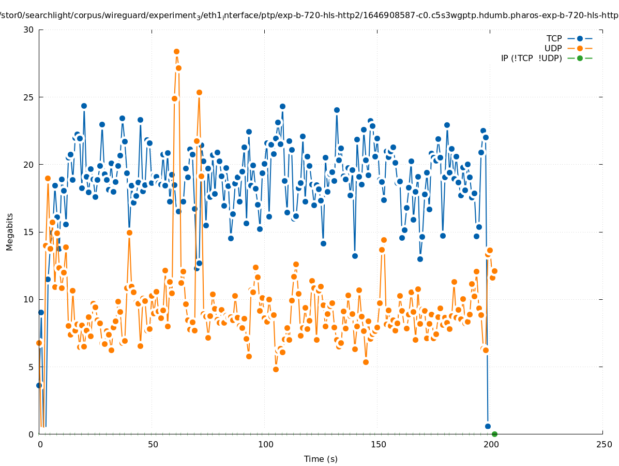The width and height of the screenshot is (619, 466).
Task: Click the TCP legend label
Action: (x=554, y=38)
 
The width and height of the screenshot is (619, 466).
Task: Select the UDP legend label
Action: (x=553, y=48)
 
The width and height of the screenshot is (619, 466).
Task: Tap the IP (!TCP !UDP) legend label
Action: (x=531, y=58)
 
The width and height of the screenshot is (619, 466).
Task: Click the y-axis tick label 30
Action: (x=28, y=30)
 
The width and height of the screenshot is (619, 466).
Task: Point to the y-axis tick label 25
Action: (x=28, y=97)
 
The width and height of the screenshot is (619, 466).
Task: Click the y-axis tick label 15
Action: (x=28, y=232)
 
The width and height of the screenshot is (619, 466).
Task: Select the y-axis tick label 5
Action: (x=31, y=367)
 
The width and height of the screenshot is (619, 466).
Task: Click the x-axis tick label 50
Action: (x=153, y=445)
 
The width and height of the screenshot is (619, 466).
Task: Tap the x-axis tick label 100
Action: (x=265, y=445)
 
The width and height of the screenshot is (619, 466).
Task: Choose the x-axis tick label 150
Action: (x=378, y=445)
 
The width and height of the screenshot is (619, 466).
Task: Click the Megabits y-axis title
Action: (x=10, y=231)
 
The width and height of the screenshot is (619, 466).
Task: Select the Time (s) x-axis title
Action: (x=321, y=459)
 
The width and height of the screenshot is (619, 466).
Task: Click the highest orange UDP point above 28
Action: (x=176, y=51)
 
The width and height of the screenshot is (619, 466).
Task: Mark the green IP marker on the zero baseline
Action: (x=494, y=434)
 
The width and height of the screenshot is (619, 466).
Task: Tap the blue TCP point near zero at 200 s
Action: (x=488, y=426)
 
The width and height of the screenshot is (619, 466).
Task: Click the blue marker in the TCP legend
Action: (x=580, y=38)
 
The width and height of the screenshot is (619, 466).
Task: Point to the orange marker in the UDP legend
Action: (x=580, y=48)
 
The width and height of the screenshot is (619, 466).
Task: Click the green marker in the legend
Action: (x=580, y=58)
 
